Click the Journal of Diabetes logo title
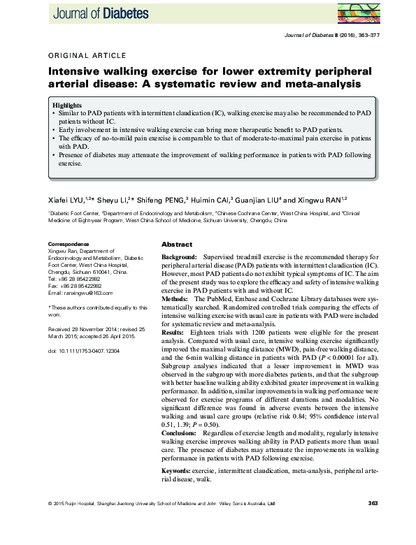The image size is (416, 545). click(99, 12)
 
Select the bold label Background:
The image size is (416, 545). click(179, 259)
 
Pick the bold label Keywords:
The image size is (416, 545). click(178, 473)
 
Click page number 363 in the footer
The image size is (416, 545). click(372, 503)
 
